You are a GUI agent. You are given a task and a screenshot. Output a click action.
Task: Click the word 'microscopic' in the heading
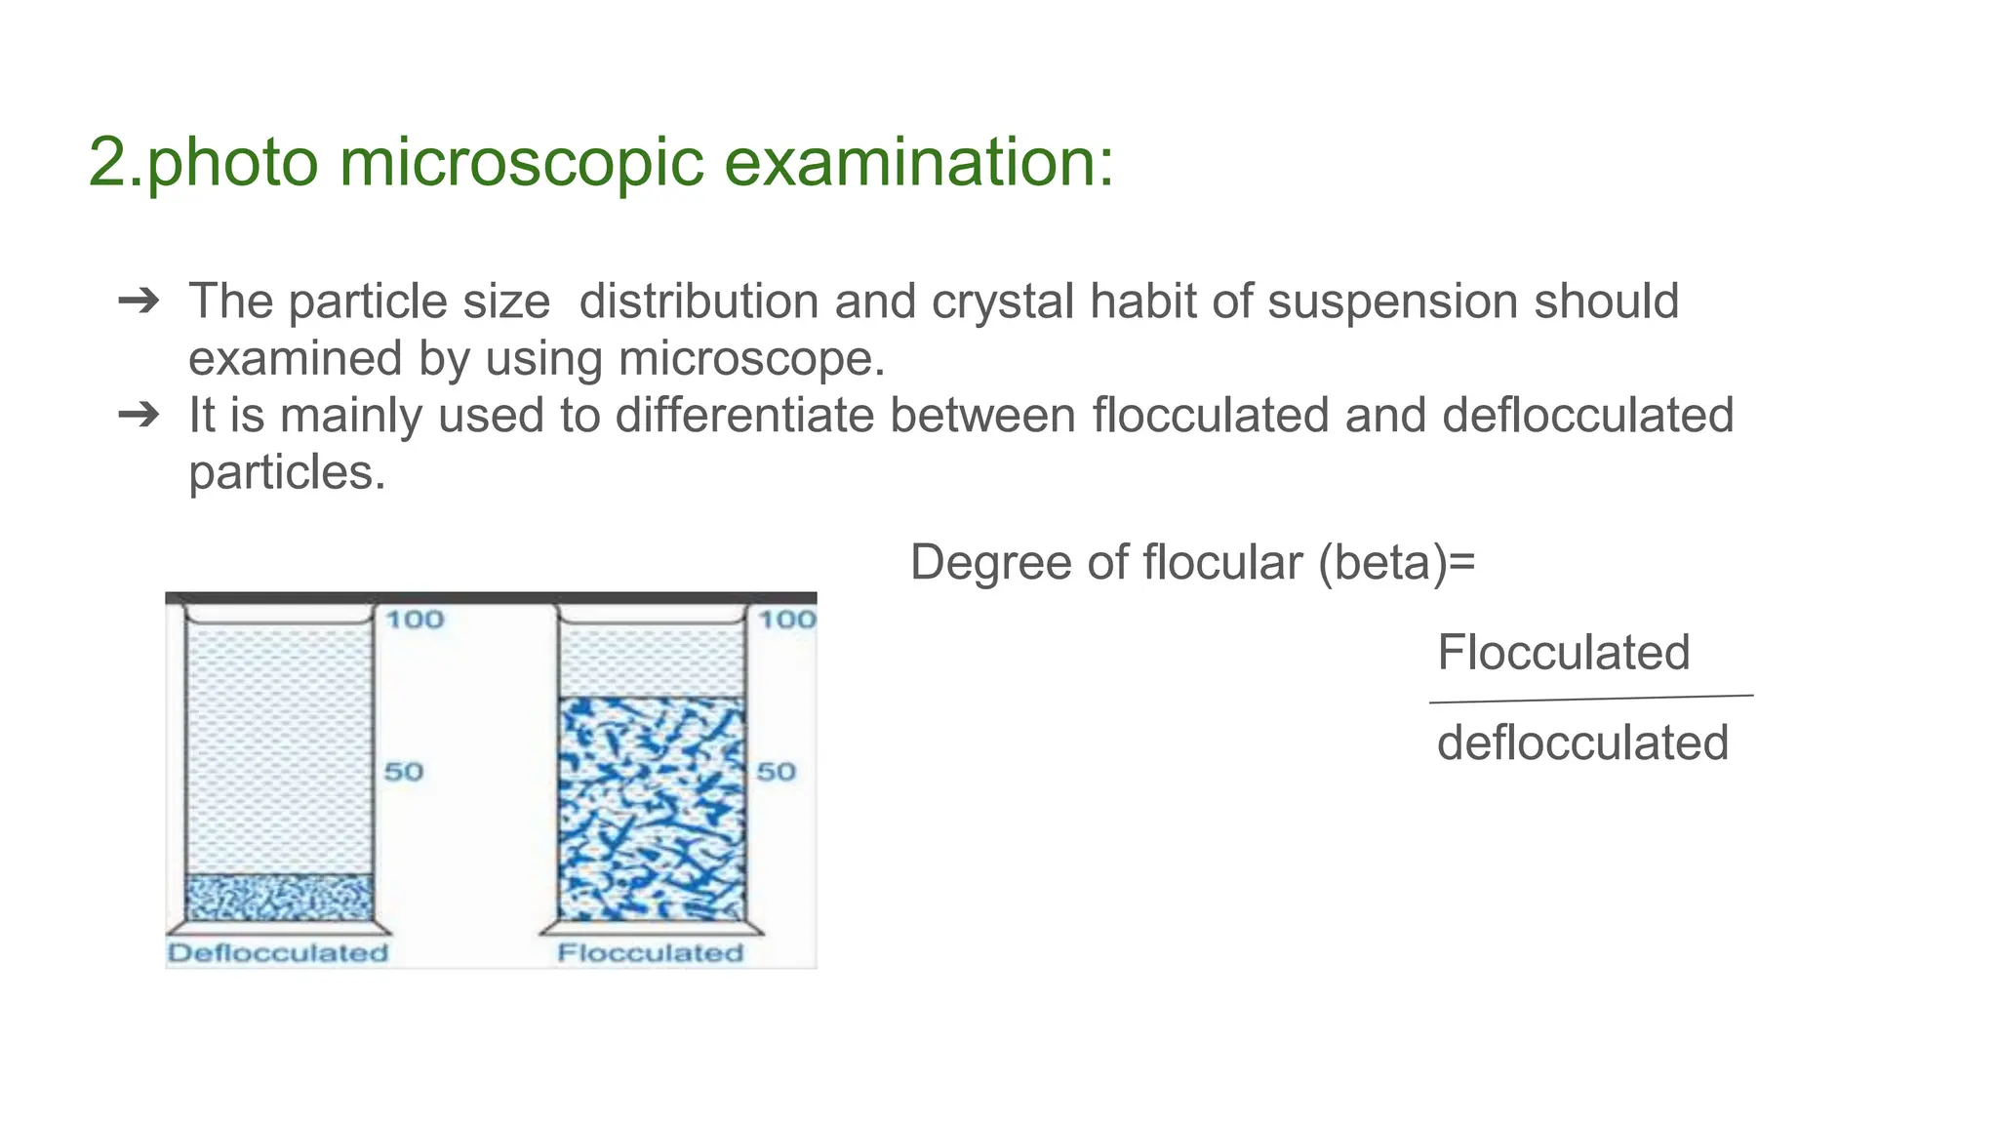(521, 162)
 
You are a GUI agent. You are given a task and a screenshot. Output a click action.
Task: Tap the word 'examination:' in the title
(918, 162)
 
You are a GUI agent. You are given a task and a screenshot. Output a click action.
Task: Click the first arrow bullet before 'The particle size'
(139, 301)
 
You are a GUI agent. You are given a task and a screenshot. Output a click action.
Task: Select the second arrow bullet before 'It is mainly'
(139, 416)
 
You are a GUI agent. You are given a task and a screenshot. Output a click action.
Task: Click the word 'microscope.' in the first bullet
(752, 359)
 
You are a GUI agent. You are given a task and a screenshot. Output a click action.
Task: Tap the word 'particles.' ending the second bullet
(287, 473)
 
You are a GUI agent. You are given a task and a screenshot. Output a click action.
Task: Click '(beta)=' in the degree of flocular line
(1396, 563)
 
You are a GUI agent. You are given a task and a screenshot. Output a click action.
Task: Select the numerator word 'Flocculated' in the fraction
(1563, 652)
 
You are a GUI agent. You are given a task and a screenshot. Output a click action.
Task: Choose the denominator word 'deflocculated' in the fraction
(1582, 743)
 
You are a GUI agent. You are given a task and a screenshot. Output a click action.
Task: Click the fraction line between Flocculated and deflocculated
(1590, 699)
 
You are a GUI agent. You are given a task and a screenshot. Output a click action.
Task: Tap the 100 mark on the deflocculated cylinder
(415, 620)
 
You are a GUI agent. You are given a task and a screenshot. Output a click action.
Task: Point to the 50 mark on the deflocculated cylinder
(403, 772)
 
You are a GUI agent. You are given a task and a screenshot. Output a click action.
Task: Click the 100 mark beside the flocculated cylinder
(786, 620)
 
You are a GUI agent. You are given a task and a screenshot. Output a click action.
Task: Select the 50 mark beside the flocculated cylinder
(776, 772)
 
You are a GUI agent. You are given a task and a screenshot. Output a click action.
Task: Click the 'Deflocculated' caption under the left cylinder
(278, 952)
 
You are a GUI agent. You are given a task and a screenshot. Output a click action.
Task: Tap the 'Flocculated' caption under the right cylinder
(650, 952)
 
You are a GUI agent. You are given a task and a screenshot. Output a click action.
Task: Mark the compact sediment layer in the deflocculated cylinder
(279, 898)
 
